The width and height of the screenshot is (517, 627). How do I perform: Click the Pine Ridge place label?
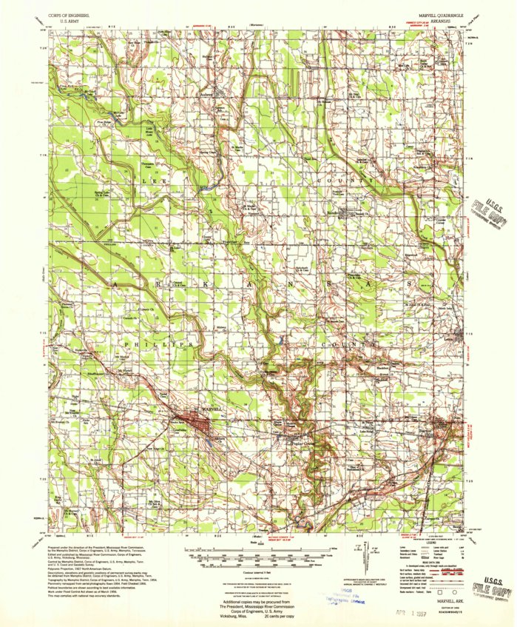102,121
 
